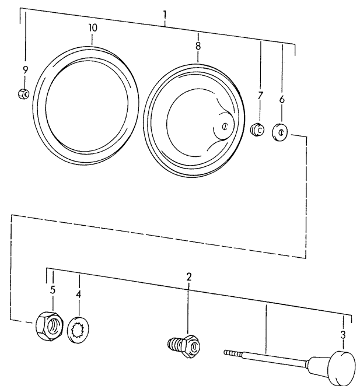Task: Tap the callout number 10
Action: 93,27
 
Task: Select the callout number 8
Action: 198,44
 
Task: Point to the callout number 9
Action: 25,69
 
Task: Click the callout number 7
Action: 260,94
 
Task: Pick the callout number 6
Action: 282,99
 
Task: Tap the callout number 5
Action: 53,290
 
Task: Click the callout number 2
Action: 188,276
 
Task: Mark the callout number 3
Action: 343,335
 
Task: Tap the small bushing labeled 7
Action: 256,129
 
